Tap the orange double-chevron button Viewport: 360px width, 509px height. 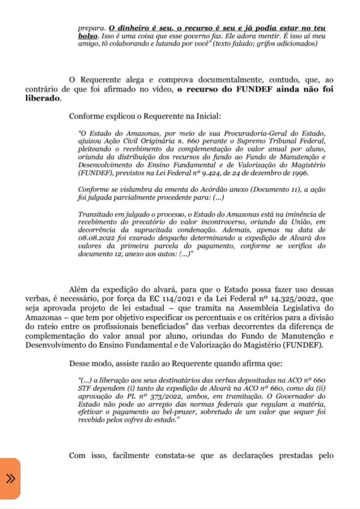[x=10, y=478]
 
